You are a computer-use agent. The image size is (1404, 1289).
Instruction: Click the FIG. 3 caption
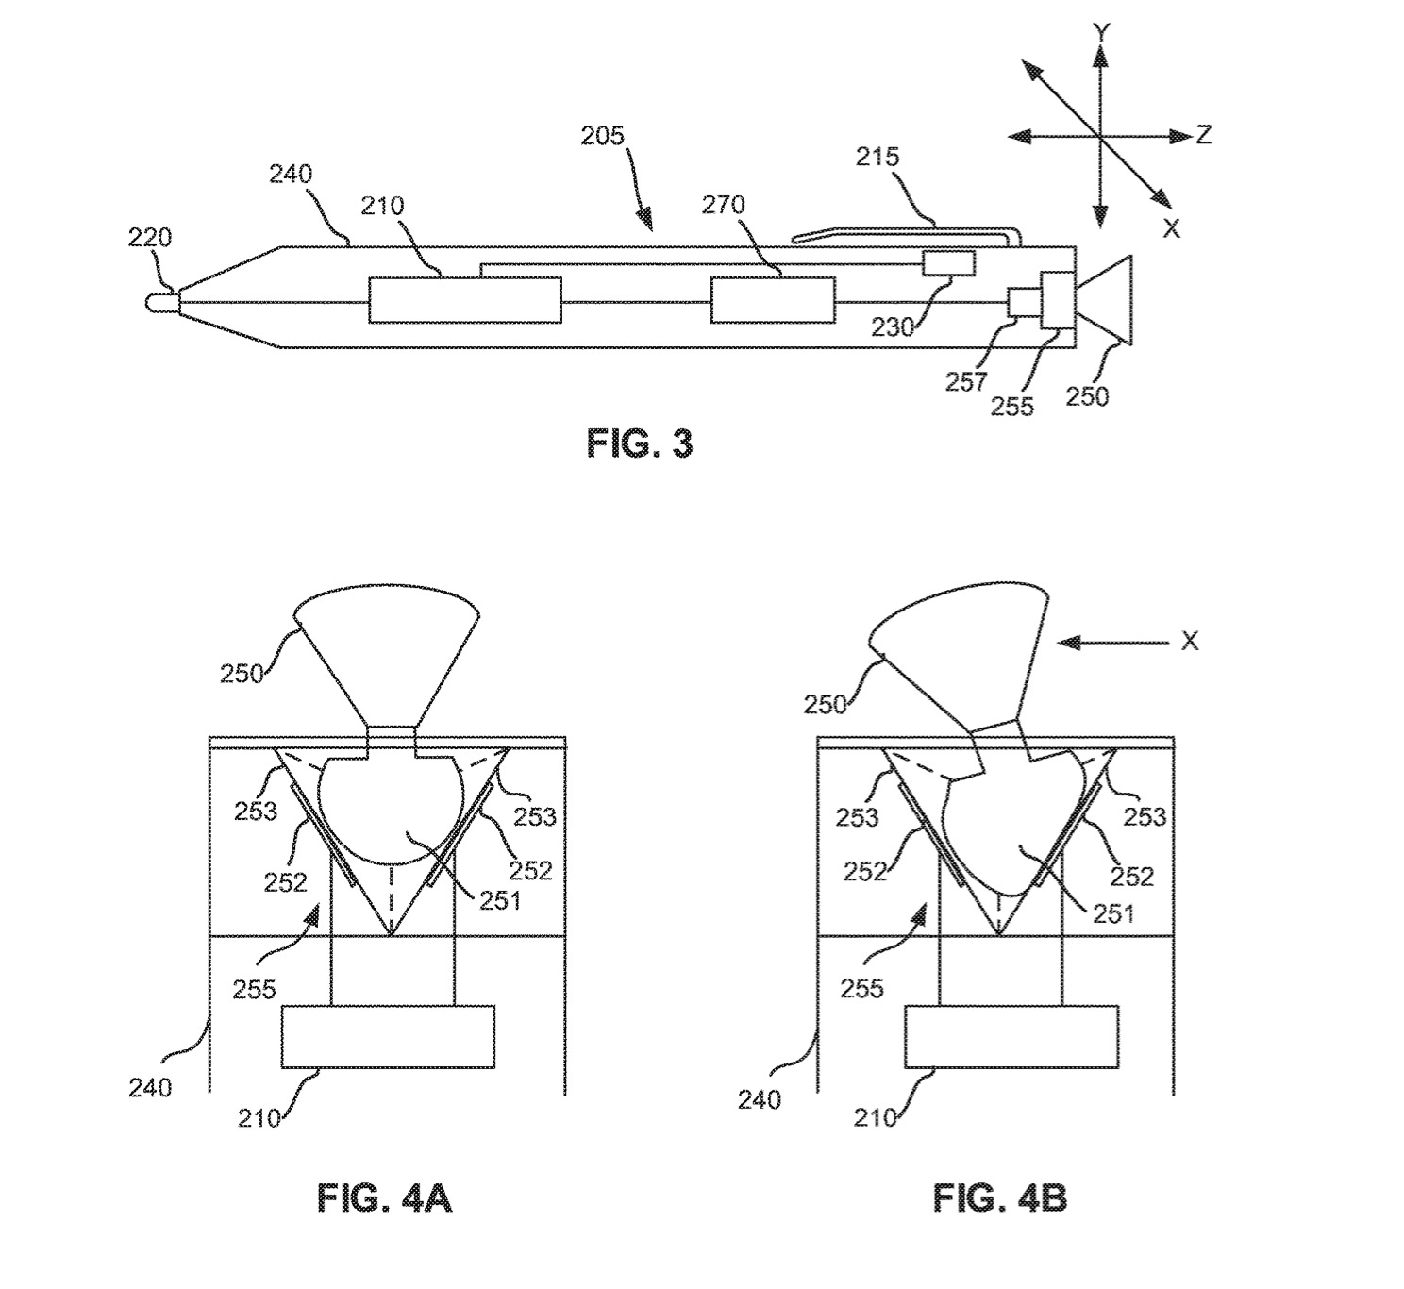639,444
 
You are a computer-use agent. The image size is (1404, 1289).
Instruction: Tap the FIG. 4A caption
384,1198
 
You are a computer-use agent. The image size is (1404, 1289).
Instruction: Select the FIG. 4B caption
999,1198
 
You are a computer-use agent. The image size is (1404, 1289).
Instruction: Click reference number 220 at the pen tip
149,238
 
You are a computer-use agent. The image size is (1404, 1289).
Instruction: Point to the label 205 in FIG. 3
602,136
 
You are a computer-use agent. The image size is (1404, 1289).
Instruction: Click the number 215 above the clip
877,157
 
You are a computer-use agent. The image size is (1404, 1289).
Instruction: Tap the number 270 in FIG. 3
723,205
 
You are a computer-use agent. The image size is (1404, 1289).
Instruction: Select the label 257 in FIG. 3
966,382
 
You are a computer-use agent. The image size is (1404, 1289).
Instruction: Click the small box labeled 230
948,263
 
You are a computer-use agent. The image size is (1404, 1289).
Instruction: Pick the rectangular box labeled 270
773,300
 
